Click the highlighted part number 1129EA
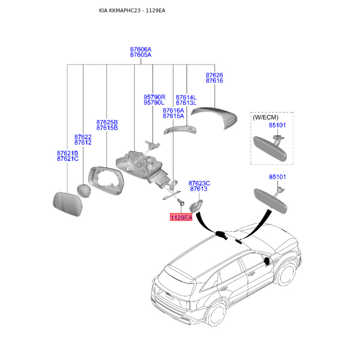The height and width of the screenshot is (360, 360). tap(181, 217)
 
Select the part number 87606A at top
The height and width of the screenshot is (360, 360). tap(141, 49)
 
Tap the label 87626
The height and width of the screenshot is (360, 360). tap(214, 75)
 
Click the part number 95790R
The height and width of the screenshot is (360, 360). tap(154, 97)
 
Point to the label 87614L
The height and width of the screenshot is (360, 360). tap(186, 97)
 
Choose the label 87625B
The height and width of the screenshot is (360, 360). tap(107, 122)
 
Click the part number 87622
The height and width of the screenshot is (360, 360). tap(83, 137)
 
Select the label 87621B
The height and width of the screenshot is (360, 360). tap(67, 153)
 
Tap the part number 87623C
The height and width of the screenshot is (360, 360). tap(199, 183)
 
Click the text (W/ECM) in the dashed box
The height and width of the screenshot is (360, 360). tap(265, 117)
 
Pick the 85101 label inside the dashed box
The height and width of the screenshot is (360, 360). tap(277, 125)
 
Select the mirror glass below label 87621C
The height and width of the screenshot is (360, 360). tap(67, 204)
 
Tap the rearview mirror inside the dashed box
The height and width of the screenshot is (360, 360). tap(270, 148)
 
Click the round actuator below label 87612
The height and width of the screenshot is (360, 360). tap(84, 190)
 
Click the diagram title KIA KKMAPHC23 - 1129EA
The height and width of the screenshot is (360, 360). tap(132, 10)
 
